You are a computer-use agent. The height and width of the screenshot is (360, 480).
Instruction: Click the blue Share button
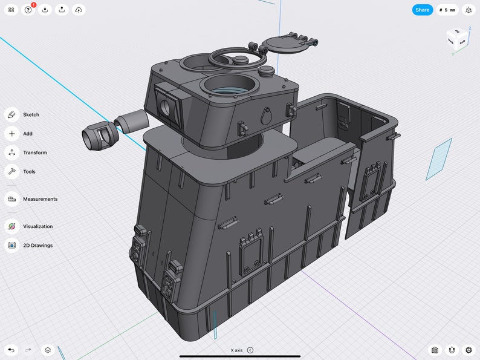pyautogui.click(x=423, y=10)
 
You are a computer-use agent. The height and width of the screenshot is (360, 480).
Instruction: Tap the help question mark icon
pyautogui.click(x=28, y=10)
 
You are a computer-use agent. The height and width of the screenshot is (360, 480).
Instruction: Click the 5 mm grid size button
pyautogui.click(x=447, y=10)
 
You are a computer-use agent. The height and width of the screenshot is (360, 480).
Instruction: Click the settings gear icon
pyautogui.click(x=469, y=350)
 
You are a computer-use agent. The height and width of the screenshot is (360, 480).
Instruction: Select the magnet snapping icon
pyautogui.click(x=451, y=350)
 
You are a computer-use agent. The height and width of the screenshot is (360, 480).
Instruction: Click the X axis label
pyautogui.click(x=236, y=350)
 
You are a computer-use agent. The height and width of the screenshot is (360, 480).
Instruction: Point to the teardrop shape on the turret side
pyautogui.click(x=266, y=114)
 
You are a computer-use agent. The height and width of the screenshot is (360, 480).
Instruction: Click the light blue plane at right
pyautogui.click(x=438, y=159)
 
